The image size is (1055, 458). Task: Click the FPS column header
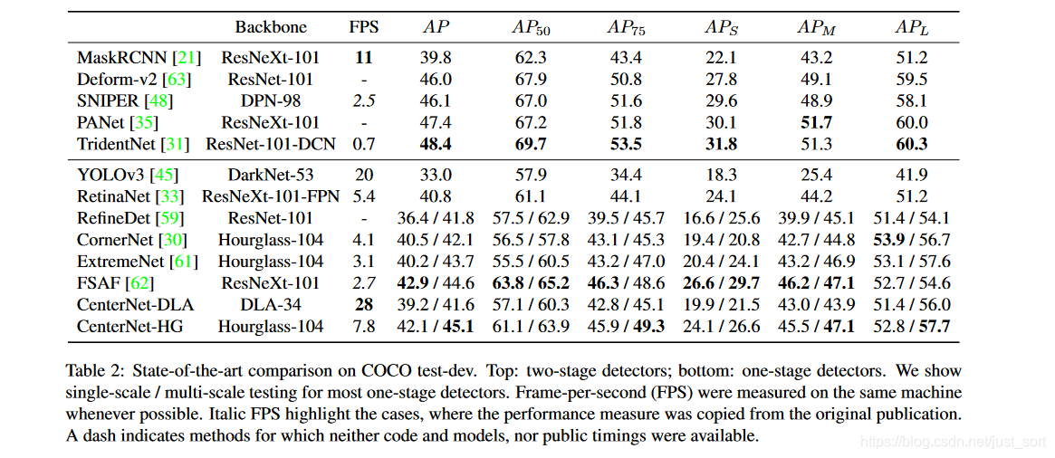[x=363, y=27]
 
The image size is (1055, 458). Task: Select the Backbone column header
[x=271, y=27]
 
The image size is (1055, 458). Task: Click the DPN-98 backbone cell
[x=271, y=100]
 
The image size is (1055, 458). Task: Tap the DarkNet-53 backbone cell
[x=271, y=176]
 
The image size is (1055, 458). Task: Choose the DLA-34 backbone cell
[x=271, y=305]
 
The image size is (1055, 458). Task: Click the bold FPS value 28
[x=364, y=305]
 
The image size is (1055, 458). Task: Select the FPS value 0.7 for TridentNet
[x=364, y=144]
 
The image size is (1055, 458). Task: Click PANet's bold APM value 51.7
[x=815, y=122]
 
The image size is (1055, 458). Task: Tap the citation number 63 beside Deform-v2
[x=179, y=80]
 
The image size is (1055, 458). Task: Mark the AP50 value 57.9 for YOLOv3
[x=532, y=176]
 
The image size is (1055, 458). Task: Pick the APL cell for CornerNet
[x=912, y=241]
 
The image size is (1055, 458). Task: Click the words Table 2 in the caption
[x=91, y=370]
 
